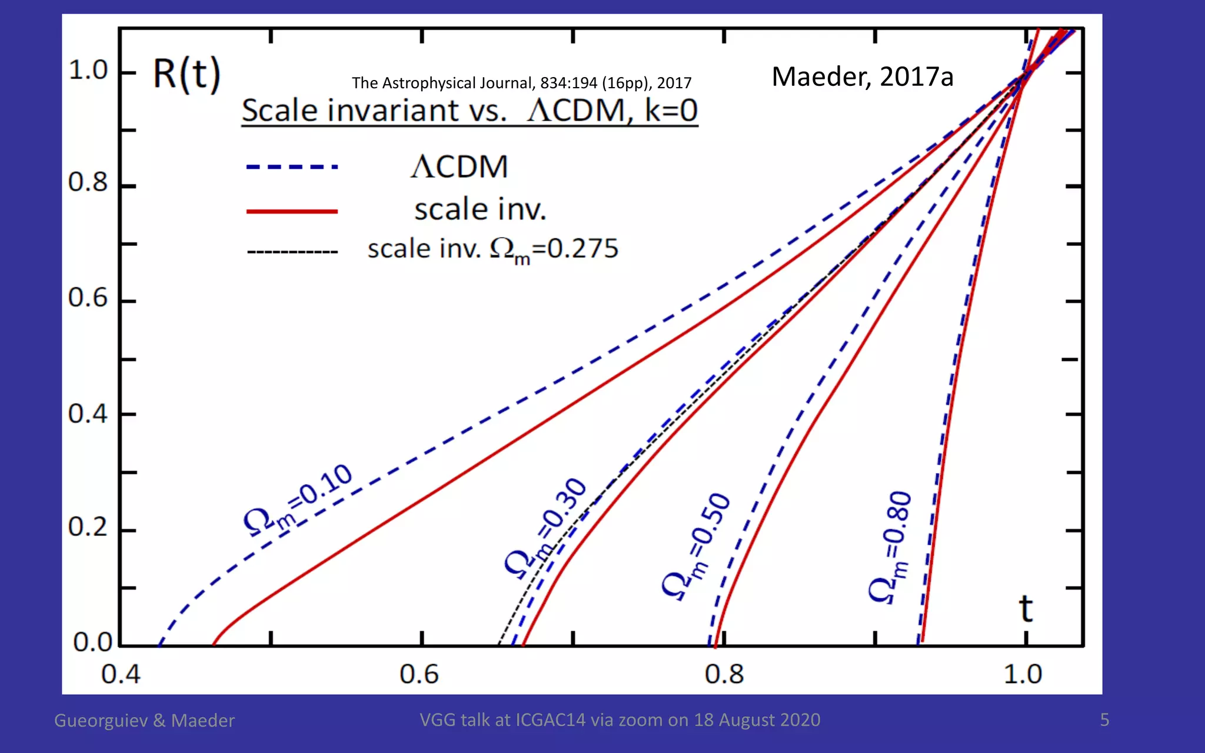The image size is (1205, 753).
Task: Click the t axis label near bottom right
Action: pyautogui.click(x=1026, y=609)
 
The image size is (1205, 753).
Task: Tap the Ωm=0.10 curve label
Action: pyautogui.click(x=298, y=500)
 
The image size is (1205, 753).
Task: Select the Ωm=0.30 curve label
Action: pyautogui.click(x=546, y=528)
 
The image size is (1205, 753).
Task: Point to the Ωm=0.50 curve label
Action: pyautogui.click(x=696, y=547)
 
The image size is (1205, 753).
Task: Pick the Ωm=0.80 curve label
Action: pyautogui.click(x=890, y=547)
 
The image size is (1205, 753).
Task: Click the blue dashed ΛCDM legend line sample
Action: pyautogui.click(x=292, y=167)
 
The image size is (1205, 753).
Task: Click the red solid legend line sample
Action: pyautogui.click(x=292, y=211)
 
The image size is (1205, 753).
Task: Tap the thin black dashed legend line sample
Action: pyautogui.click(x=292, y=252)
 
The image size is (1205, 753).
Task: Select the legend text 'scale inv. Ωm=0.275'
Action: pyautogui.click(x=492, y=249)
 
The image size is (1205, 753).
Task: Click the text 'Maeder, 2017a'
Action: pyautogui.click(x=862, y=77)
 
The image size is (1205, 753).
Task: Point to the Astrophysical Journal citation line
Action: pyautogui.click(x=521, y=83)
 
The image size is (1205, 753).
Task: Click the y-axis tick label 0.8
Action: pyautogui.click(x=88, y=183)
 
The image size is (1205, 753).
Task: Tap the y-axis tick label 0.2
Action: pyautogui.click(x=88, y=527)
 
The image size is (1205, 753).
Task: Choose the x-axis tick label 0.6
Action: pyautogui.click(x=419, y=674)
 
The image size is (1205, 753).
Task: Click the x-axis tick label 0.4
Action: pyautogui.click(x=121, y=674)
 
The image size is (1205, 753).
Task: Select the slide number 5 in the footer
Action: pyautogui.click(x=1104, y=719)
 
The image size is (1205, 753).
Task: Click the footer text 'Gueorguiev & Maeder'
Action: pyautogui.click(x=144, y=721)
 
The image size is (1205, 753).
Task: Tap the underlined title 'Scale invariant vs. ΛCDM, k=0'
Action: pyautogui.click(x=469, y=111)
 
